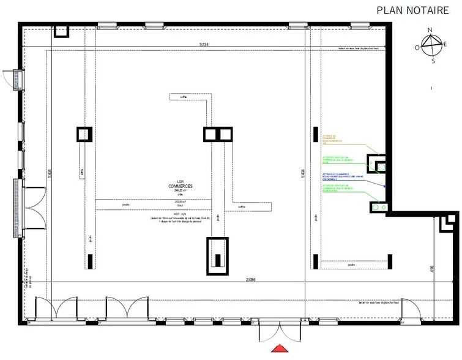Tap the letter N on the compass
430,30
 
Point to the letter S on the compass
433,61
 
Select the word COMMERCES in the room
182,186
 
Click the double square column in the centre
218,135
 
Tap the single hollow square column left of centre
84,134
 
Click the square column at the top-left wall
62,32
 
